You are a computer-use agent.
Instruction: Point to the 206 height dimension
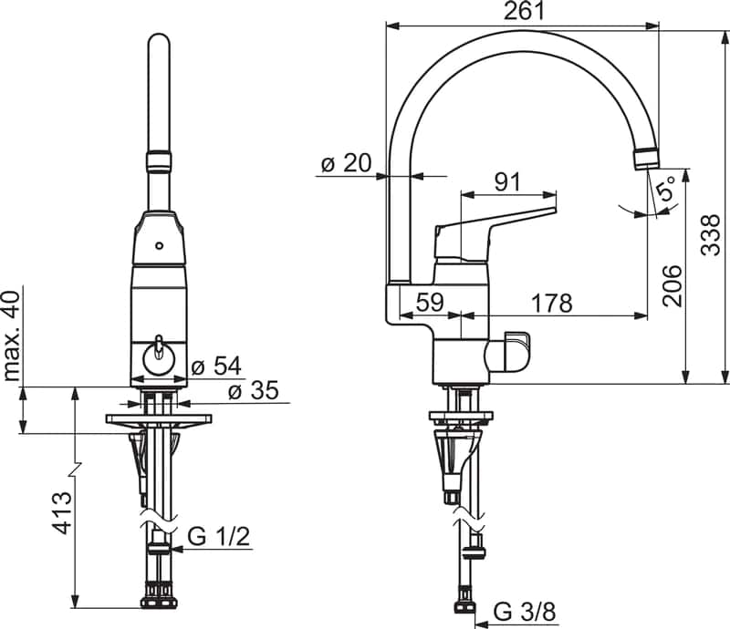(x=672, y=286)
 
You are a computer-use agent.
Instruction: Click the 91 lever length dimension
(x=507, y=181)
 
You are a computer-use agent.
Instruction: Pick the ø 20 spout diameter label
(x=346, y=163)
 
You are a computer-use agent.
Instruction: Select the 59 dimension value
(x=431, y=303)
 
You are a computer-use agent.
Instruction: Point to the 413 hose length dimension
(x=61, y=514)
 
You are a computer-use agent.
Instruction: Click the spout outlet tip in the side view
(x=645, y=158)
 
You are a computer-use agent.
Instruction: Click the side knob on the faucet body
(x=514, y=351)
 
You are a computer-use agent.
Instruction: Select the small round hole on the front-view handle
(x=160, y=246)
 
